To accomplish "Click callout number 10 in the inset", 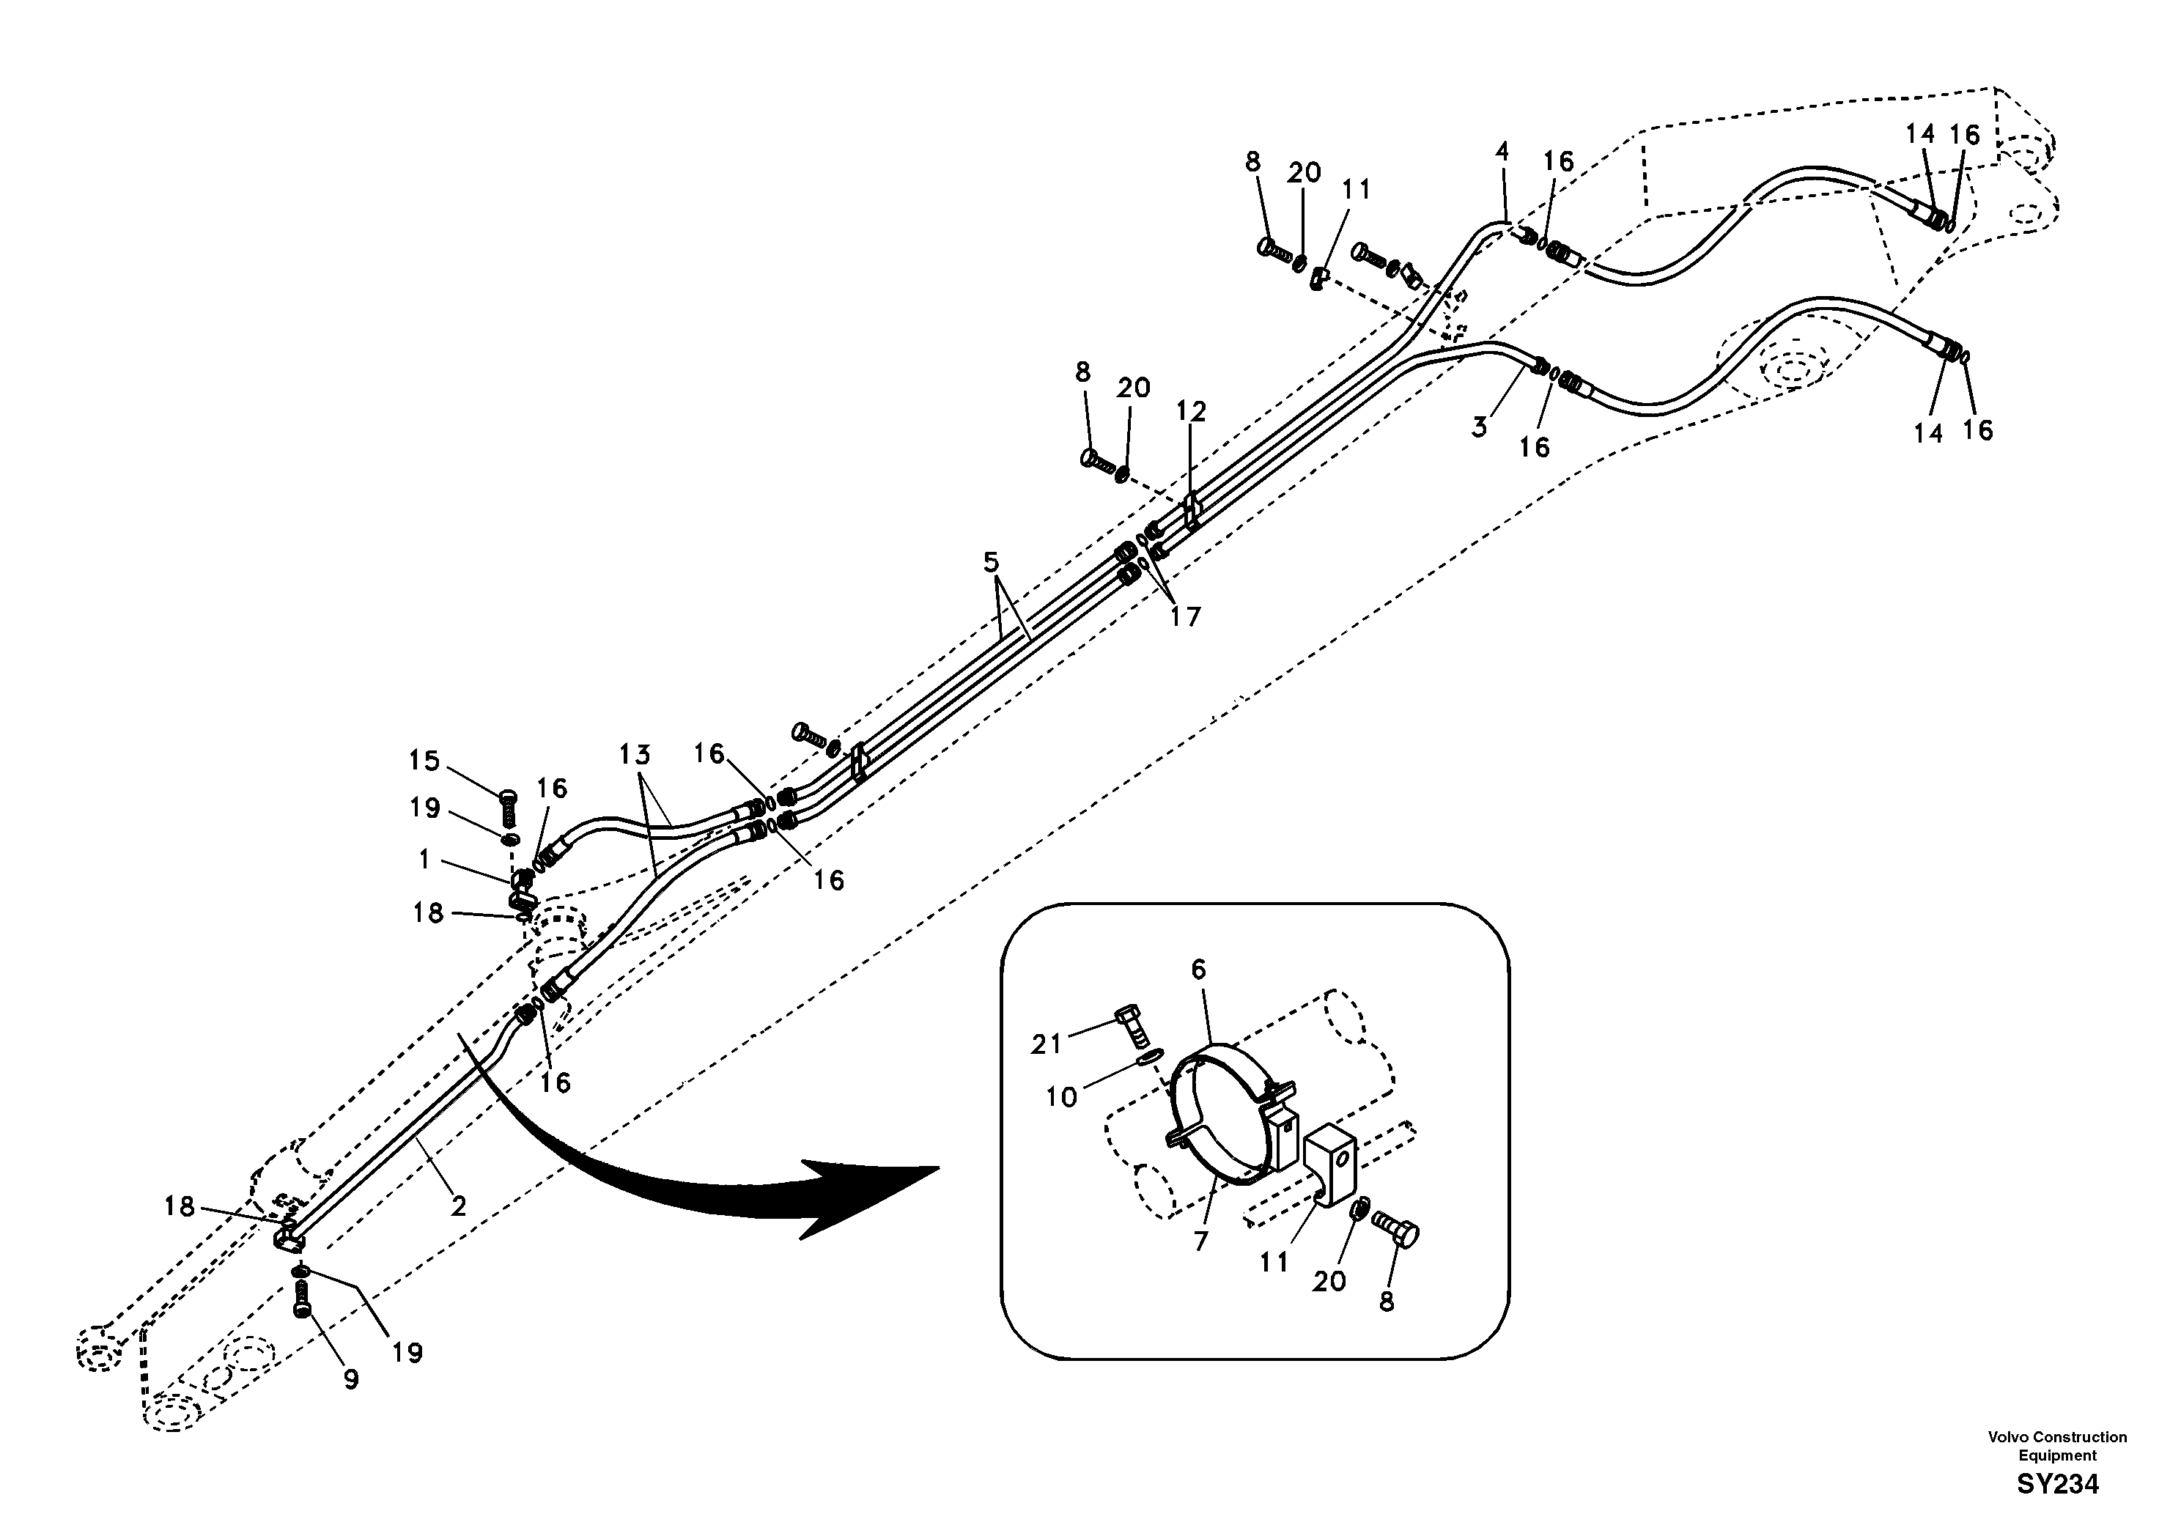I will click(1061, 1097).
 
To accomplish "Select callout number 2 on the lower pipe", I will click(458, 1206).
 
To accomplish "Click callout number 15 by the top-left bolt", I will click(424, 760).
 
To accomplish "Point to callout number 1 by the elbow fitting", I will click(424, 859).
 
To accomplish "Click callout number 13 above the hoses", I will click(635, 756).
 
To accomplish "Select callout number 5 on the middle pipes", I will click(991, 562).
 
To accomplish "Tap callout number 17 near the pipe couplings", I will click(1184, 616).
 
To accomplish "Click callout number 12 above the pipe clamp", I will click(1190, 411).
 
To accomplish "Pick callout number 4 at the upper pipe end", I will click(1501, 152).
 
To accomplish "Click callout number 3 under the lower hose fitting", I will click(1479, 427).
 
